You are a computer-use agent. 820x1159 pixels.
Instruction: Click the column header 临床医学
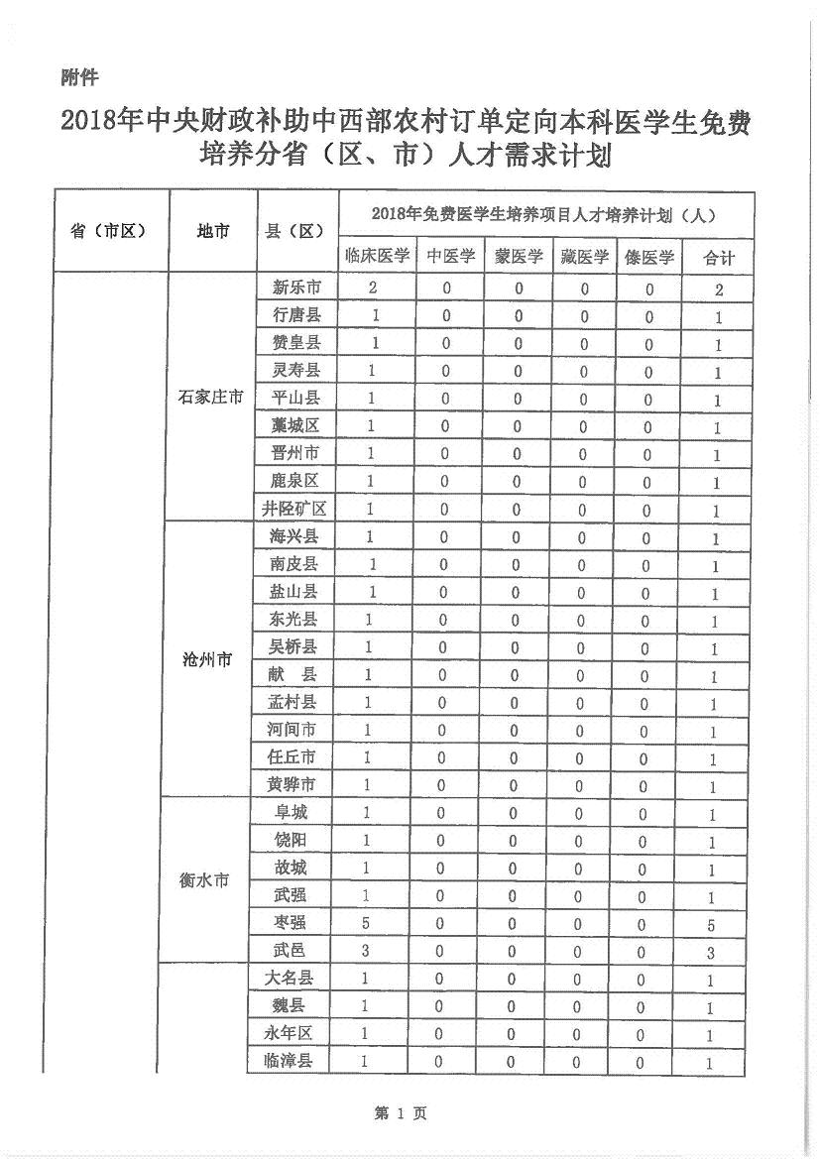click(377, 257)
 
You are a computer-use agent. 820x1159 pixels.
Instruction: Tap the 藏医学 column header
click(584, 257)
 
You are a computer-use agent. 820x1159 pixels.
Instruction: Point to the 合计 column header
click(719, 258)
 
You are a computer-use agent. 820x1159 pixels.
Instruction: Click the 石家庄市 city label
click(210, 398)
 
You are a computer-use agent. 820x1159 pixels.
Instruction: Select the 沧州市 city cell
click(207, 659)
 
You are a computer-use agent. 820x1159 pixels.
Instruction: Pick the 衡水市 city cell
click(205, 879)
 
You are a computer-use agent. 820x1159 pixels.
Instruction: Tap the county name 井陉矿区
click(293, 509)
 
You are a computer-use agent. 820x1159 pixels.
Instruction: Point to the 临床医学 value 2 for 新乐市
click(373, 288)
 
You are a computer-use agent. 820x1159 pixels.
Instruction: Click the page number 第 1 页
click(401, 1113)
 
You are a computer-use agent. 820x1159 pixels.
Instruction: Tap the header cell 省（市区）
click(108, 231)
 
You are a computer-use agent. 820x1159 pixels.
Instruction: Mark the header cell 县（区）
click(295, 231)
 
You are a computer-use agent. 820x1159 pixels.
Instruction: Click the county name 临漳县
click(289, 1061)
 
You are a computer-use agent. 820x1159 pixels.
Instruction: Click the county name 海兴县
click(293, 535)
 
